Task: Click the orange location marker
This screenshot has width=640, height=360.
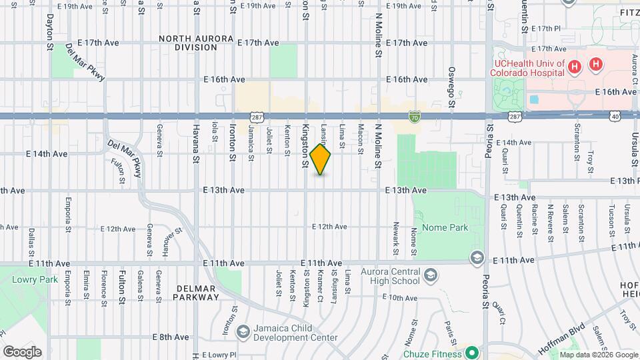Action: click(321, 159)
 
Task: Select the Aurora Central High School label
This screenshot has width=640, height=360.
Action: click(390, 276)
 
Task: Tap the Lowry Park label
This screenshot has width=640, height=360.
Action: click(27, 277)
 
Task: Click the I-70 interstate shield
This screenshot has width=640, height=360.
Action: click(415, 116)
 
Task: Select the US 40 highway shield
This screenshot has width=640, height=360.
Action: click(615, 116)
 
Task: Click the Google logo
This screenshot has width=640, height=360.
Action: click(22, 351)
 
